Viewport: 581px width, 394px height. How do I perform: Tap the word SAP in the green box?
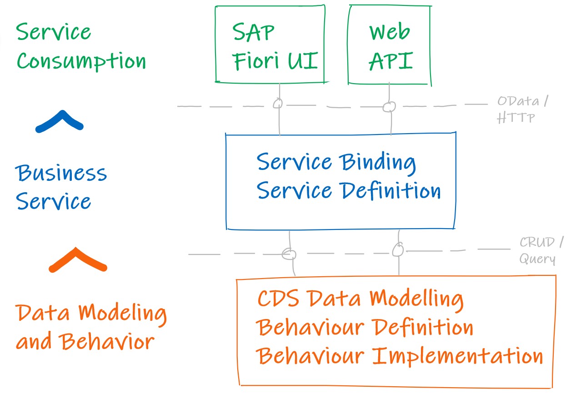(x=253, y=32)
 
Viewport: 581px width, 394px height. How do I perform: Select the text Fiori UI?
(x=275, y=61)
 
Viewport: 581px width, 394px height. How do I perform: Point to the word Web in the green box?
(x=390, y=31)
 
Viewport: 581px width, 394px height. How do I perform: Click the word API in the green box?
(x=391, y=61)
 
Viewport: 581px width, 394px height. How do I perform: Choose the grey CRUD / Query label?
(x=541, y=250)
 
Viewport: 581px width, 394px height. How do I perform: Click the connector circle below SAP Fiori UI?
(x=278, y=104)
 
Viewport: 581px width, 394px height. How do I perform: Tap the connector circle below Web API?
(x=389, y=106)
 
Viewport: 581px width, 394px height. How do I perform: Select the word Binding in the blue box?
(x=378, y=163)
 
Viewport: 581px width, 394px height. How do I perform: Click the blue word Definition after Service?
(x=391, y=190)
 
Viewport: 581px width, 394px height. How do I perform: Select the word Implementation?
(x=457, y=357)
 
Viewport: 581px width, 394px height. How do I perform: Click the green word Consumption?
(x=81, y=61)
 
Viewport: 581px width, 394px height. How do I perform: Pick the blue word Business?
(x=61, y=173)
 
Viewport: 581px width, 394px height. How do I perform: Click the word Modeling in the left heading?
(x=122, y=314)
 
